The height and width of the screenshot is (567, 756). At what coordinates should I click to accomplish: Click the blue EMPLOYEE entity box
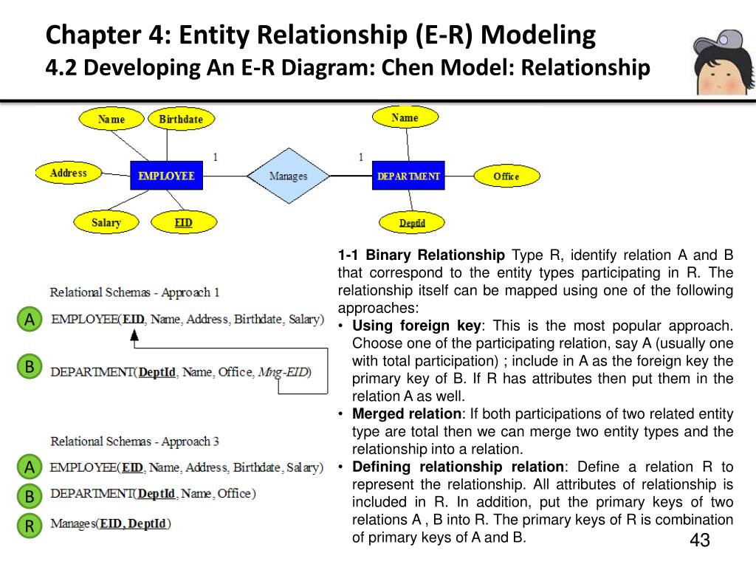(166, 176)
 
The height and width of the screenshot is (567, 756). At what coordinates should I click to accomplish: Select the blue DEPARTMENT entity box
(408, 176)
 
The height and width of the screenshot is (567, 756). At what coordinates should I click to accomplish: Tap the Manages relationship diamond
(288, 176)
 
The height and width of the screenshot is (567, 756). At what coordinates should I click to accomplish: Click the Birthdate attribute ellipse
(181, 119)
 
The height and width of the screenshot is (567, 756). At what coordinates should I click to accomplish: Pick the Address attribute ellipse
(69, 173)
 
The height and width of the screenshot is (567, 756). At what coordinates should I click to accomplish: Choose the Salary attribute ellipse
(106, 222)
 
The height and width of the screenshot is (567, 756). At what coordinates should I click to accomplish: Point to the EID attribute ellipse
(183, 222)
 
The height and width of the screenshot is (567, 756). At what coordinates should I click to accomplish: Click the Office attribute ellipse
(506, 176)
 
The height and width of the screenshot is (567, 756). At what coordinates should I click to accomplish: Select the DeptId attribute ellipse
(412, 222)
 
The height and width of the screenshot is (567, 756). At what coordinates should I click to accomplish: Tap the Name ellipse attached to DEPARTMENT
(405, 117)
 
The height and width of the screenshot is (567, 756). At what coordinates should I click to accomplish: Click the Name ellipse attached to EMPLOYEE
(111, 119)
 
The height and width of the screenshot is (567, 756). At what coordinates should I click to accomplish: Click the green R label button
(30, 525)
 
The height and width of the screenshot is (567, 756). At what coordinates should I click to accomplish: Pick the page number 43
(699, 540)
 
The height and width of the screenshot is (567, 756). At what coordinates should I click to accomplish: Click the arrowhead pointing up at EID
(134, 336)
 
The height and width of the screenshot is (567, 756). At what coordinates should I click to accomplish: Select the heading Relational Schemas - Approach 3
(134, 441)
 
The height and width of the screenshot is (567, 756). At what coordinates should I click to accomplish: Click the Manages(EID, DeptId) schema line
(110, 524)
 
